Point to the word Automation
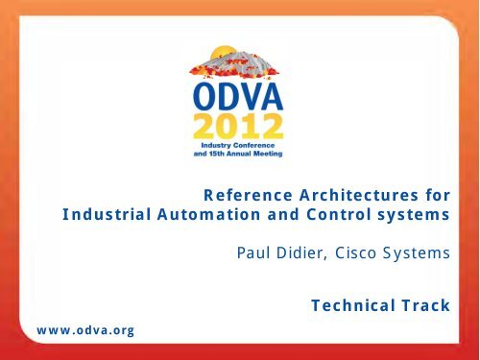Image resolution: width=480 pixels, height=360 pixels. tap(196, 218)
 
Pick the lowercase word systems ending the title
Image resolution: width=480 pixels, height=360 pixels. tap(415, 218)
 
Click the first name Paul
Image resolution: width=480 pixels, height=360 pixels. tap(252, 254)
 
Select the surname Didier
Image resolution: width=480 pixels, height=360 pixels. tap(301, 254)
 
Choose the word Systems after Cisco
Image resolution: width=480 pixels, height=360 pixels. tap(418, 254)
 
